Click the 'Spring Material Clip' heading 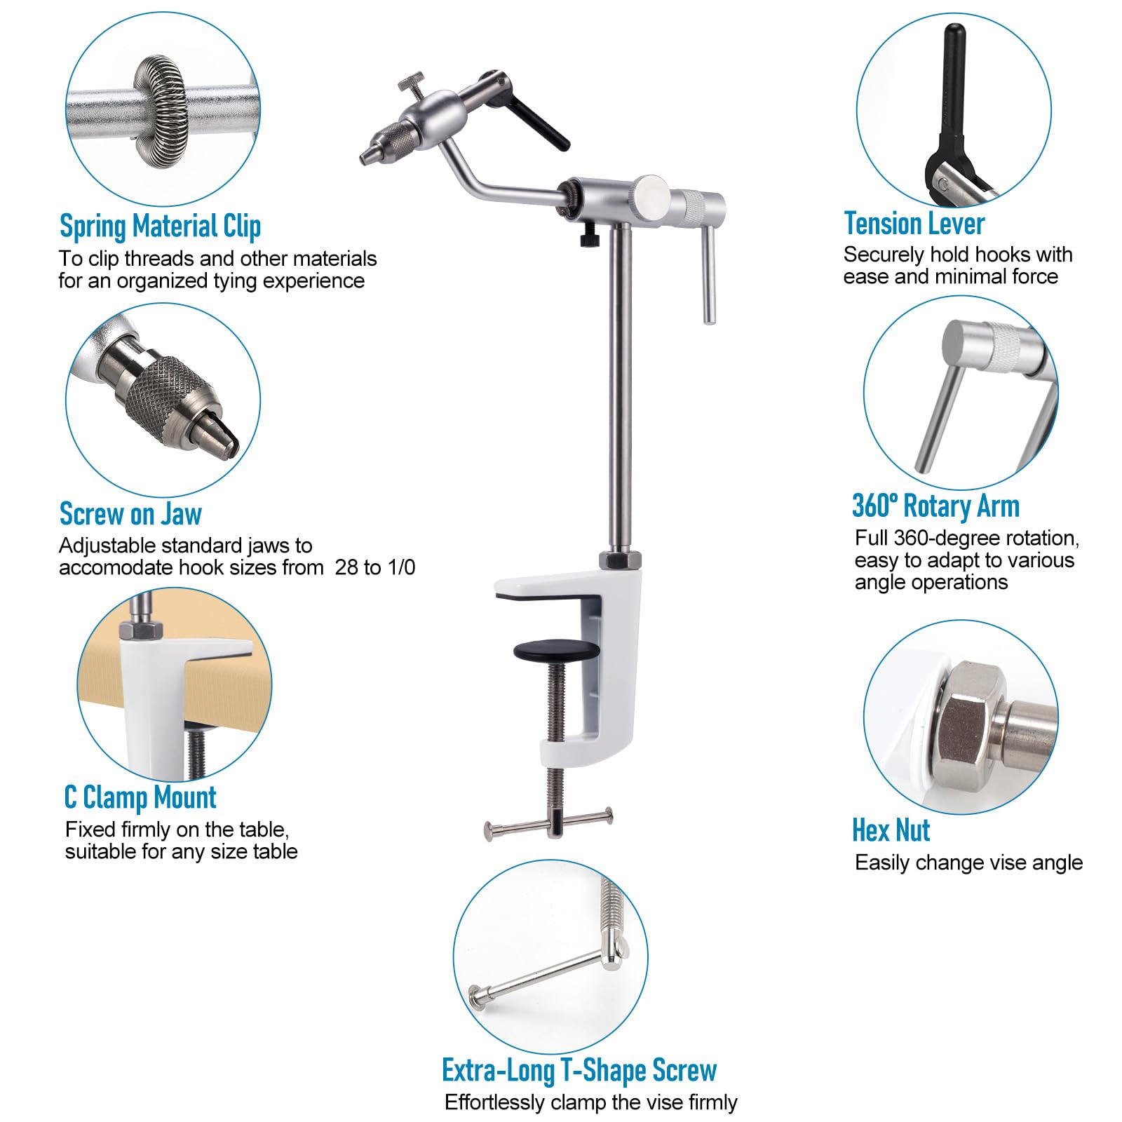click(160, 227)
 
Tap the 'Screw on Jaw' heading click(130, 514)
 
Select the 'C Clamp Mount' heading click(140, 797)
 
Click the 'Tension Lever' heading click(914, 224)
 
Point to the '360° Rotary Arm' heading click(935, 506)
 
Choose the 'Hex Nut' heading click(891, 830)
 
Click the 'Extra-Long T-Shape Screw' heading click(579, 1070)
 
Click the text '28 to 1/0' click(375, 567)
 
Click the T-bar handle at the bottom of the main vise click(548, 823)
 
